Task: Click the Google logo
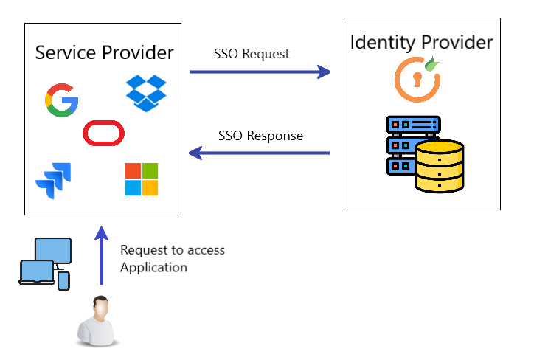click(62, 100)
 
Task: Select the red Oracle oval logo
click(104, 134)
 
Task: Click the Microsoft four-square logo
click(142, 179)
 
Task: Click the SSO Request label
click(252, 54)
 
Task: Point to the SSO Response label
click(260, 136)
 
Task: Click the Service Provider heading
click(105, 52)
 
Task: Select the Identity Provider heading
click(421, 42)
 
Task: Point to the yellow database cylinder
click(439, 167)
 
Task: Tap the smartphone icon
click(63, 281)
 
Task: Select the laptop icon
click(37, 273)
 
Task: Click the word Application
click(153, 267)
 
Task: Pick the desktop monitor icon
click(53, 250)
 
